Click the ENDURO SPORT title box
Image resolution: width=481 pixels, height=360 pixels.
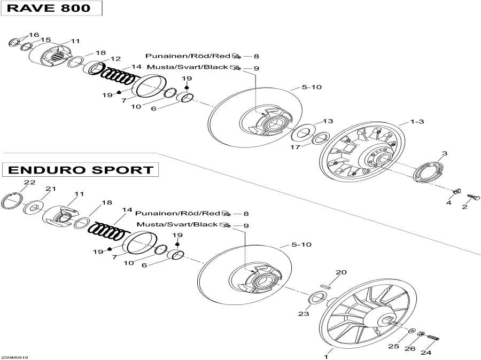80,170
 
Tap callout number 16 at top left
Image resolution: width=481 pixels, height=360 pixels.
34,35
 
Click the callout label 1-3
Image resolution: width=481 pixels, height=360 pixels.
417,122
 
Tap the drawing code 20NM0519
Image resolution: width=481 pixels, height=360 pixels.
14,357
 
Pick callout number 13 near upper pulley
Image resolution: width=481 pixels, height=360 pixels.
328,121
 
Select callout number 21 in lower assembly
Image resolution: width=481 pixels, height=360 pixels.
50,189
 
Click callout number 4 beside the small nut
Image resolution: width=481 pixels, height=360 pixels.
449,203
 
